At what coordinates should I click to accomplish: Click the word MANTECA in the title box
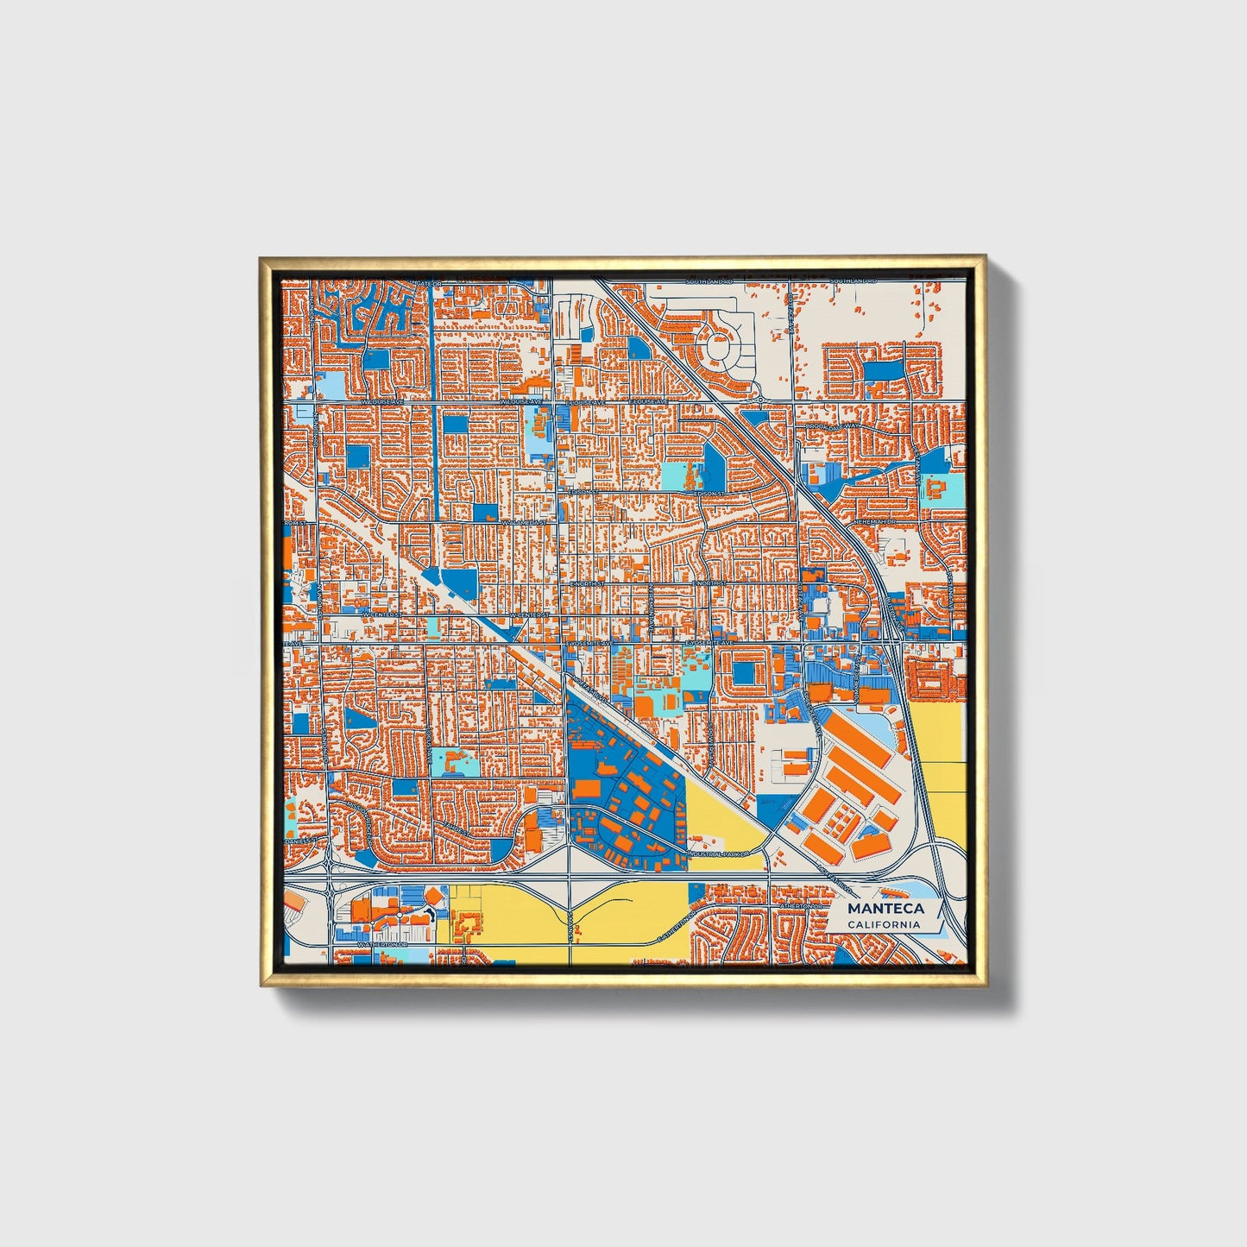(885, 909)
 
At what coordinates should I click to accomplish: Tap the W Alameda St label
(525, 522)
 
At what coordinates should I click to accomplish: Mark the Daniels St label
(302, 839)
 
